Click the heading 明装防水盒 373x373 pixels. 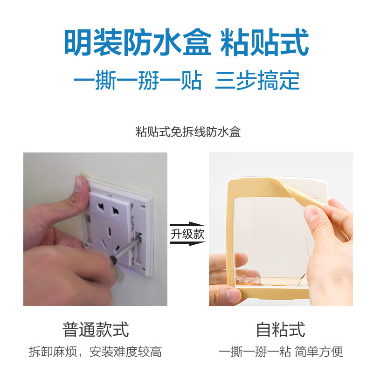[x=138, y=42]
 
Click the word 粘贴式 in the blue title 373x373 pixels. [x=264, y=42]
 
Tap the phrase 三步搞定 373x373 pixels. [x=257, y=80]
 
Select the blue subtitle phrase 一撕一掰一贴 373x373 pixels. [x=138, y=80]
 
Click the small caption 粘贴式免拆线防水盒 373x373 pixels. [x=188, y=132]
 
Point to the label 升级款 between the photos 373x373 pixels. [x=187, y=234]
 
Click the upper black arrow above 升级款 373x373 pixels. [x=188, y=225]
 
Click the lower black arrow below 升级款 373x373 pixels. [x=188, y=243]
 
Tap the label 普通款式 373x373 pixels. [x=96, y=329]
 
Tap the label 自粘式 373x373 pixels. [x=281, y=329]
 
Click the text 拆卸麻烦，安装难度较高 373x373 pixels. [x=95, y=352]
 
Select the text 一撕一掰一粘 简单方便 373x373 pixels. [x=281, y=352]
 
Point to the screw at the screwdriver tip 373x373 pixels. [x=139, y=236]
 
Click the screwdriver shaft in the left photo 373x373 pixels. [x=126, y=248]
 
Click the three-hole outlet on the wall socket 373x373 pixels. [x=110, y=240]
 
